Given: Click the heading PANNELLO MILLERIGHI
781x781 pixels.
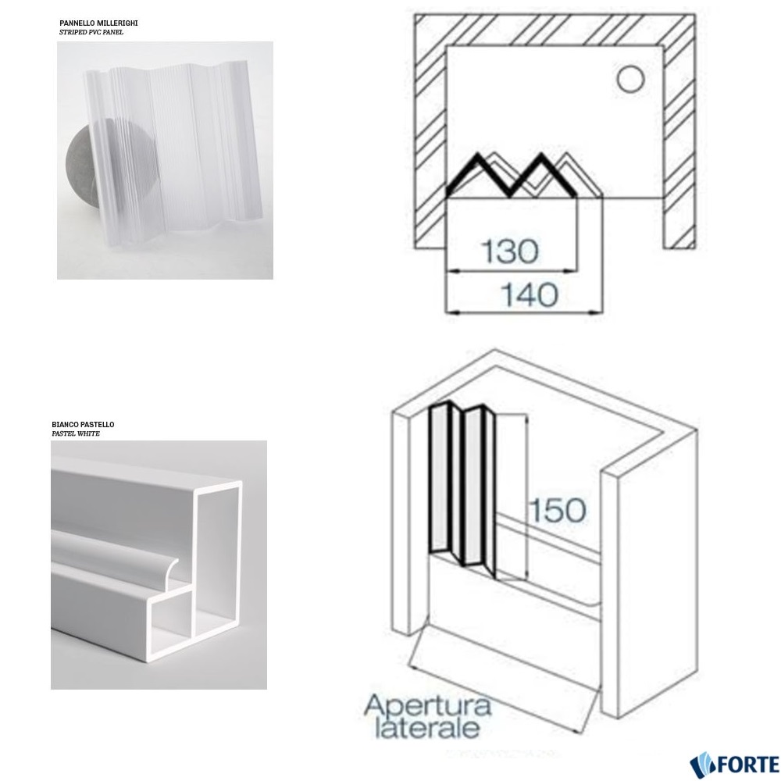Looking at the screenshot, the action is point(98,23).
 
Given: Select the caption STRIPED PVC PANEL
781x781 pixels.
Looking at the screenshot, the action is point(91,32).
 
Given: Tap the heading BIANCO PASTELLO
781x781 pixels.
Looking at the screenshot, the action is point(84,424).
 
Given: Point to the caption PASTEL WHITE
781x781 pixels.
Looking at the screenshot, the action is point(76,433).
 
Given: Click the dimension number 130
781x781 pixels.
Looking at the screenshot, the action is point(510,251).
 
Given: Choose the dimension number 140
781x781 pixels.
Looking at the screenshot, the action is point(529,295).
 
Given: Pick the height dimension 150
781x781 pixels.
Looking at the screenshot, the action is point(557,510).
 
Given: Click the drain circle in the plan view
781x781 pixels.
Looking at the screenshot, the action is point(630,80).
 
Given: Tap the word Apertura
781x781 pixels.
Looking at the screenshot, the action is point(428,706).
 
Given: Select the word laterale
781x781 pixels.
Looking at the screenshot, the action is point(428,728).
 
